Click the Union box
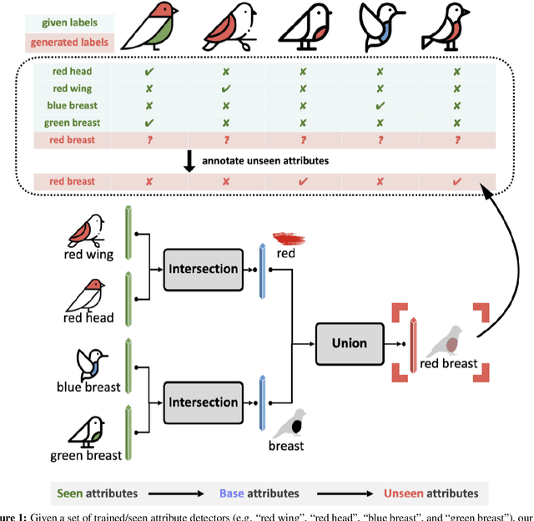[351, 342]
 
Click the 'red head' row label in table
[72, 73]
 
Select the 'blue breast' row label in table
[72, 106]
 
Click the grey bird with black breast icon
[289, 422]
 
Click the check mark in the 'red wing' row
[224, 89]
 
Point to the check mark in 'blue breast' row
[380, 106]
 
